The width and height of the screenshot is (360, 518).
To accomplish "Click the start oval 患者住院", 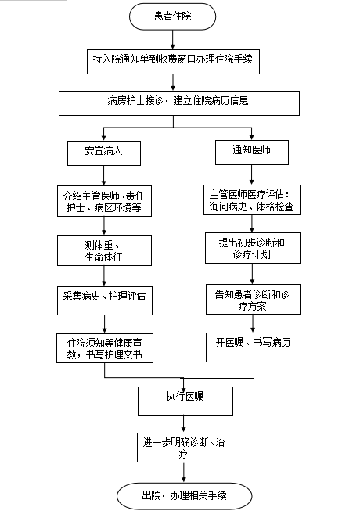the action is (172, 16).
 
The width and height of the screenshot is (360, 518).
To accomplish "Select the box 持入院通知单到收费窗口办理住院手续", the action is (173, 62).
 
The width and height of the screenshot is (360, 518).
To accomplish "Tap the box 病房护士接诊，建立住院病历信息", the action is (179, 103).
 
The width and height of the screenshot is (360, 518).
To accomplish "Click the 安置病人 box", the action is (104, 153).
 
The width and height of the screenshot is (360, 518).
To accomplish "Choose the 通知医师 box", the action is (252, 153).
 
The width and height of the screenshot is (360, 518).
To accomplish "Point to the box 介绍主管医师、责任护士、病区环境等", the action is (104, 201).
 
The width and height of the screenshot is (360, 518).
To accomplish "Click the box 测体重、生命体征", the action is (104, 250).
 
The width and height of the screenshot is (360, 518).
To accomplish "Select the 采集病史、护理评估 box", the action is (105, 300).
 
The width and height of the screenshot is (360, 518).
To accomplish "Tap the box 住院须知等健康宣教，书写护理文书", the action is (105, 348).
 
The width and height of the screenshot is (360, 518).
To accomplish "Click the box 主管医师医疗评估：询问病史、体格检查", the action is (252, 200).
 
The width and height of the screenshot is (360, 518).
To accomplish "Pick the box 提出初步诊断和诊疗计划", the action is (253, 248).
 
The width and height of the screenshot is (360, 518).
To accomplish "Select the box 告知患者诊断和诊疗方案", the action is (253, 299).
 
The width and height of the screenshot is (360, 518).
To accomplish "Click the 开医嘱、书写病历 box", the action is (254, 347).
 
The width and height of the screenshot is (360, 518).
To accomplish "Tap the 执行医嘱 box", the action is (185, 401).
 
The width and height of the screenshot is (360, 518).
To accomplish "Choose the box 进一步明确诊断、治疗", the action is (185, 448).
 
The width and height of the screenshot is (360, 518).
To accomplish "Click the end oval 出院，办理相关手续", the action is (184, 496).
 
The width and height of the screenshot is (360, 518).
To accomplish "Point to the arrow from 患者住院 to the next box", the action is (173, 40).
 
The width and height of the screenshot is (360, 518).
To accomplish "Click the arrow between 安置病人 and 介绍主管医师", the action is (104, 175).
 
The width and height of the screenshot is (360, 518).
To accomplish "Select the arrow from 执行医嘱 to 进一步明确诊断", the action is (184, 425).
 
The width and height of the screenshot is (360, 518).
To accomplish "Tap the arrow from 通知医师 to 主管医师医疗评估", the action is (252, 174).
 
